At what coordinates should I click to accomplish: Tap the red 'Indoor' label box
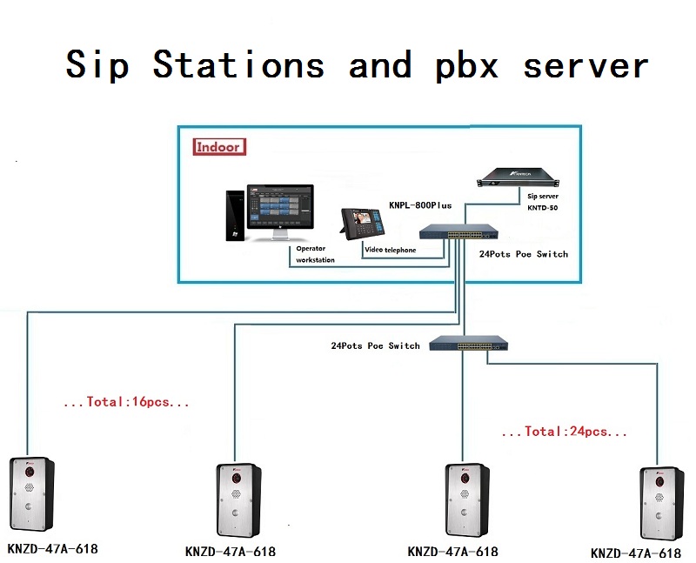pyautogui.click(x=218, y=147)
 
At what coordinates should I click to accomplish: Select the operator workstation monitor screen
pyautogui.click(x=280, y=210)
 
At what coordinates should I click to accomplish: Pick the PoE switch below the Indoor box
pyautogui.click(x=468, y=343)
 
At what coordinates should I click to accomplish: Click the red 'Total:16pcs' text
pyautogui.click(x=126, y=403)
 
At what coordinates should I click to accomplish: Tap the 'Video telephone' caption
pyautogui.click(x=390, y=251)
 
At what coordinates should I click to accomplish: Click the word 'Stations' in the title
pyautogui.click(x=238, y=66)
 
